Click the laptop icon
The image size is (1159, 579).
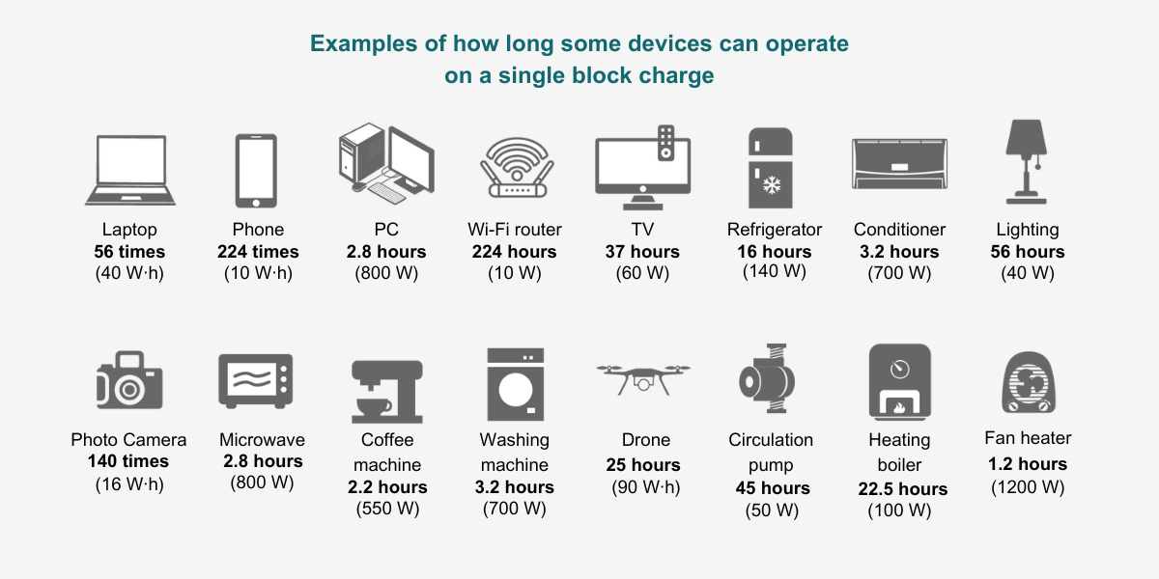(129, 170)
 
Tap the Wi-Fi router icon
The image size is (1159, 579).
(517, 168)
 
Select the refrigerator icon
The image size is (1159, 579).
(771, 168)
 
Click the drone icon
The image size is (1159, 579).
(643, 379)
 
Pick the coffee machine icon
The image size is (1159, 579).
(387, 392)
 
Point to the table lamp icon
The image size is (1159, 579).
(1026, 162)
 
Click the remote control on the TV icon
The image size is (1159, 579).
(665, 143)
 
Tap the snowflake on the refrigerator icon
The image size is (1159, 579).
(772, 185)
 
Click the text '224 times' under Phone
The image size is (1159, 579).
(258, 252)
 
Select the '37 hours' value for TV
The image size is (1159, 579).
(642, 252)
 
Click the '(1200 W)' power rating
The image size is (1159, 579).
(1028, 487)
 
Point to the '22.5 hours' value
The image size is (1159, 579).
(903, 489)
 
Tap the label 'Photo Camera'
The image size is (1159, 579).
(128, 440)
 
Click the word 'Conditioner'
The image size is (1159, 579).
(899, 230)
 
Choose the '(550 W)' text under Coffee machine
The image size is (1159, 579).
(387, 509)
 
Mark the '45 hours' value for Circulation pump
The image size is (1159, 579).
(773, 488)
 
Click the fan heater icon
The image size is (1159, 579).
(1029, 382)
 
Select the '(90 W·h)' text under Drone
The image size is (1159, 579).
(646, 487)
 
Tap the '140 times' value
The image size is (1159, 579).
(128, 461)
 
